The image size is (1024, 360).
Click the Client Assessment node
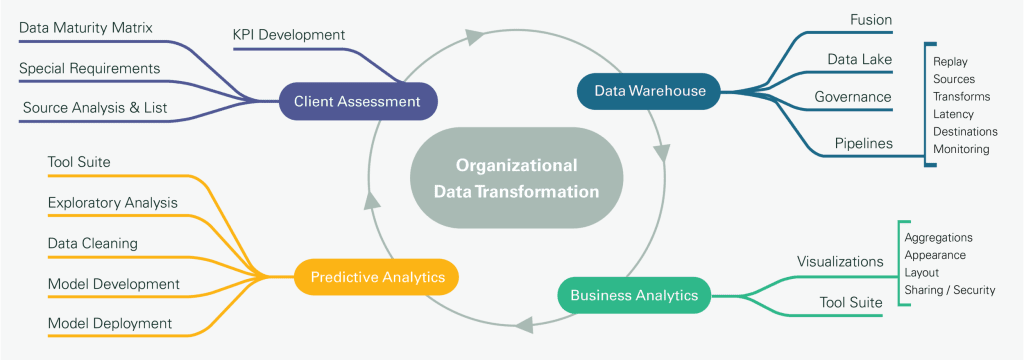tap(358, 101)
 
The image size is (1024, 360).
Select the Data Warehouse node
tap(650, 91)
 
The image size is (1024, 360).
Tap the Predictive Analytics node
tap(377, 277)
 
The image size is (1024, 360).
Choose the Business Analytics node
tap(633, 295)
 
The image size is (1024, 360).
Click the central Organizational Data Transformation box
tap(516, 178)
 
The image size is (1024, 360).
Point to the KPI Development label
tap(288, 35)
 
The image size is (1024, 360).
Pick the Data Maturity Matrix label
tap(86, 27)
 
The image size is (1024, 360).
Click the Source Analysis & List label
tap(95, 107)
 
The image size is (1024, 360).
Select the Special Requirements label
tap(89, 68)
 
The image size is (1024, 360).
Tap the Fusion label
tap(871, 20)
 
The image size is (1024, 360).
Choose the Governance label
tap(852, 97)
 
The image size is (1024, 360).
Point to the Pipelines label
tap(864, 143)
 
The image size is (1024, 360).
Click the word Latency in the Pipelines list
tap(953, 114)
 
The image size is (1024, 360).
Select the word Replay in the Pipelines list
tap(950, 61)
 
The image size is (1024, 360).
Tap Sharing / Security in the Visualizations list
tap(949, 290)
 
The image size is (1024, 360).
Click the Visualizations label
tap(840, 262)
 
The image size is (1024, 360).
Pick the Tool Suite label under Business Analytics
tap(851, 301)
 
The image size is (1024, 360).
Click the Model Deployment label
tap(110, 323)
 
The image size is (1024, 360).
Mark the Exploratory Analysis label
tap(113, 203)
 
